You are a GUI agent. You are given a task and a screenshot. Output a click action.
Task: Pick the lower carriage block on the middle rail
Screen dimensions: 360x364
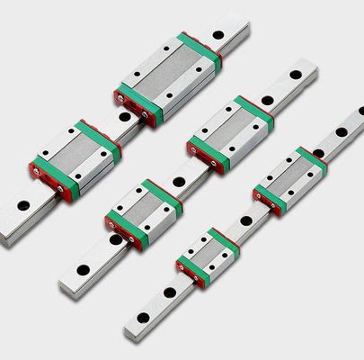[144, 213]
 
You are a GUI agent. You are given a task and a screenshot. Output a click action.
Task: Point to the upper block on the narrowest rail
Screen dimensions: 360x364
[289, 180]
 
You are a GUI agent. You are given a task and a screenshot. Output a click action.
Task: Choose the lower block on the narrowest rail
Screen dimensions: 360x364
[209, 256]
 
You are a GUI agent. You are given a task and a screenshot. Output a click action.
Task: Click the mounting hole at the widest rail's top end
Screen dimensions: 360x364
[218, 36]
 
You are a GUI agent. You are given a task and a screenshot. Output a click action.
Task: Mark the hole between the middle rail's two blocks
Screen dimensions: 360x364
[180, 182]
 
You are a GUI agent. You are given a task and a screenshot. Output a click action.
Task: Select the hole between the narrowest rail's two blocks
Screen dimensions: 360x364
[246, 220]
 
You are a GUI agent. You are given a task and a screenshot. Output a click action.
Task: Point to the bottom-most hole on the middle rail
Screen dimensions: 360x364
[80, 269]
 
